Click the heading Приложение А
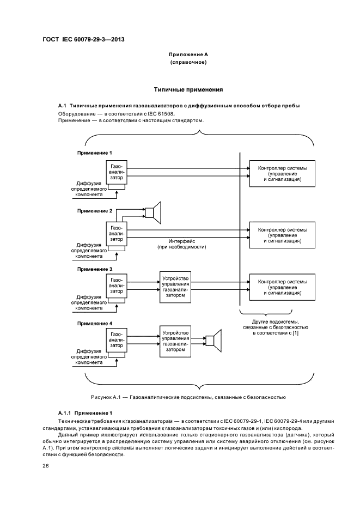tap(188, 55)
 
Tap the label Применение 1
tap(95, 153)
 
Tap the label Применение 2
tap(95, 210)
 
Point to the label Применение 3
tap(95, 269)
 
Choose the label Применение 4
tap(95, 323)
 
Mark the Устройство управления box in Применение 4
tap(175, 341)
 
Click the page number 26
tap(46, 466)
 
